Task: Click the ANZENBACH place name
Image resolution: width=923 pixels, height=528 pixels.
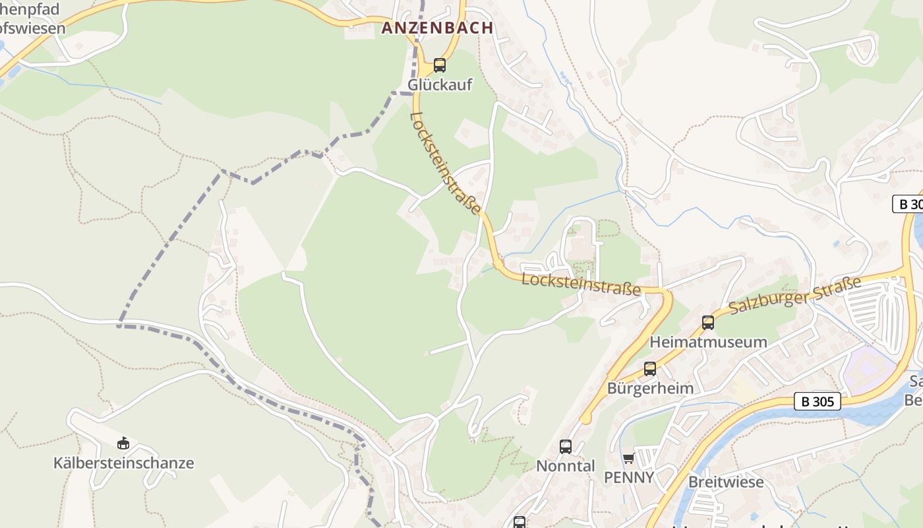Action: pos(437,28)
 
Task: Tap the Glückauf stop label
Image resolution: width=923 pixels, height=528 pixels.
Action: pos(440,85)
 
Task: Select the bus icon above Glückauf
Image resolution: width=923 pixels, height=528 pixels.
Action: pos(440,65)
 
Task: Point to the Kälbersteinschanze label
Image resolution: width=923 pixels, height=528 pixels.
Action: pos(124,463)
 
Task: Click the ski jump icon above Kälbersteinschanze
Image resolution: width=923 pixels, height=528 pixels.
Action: pos(123,443)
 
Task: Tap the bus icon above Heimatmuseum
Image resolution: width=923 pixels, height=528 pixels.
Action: pos(708,323)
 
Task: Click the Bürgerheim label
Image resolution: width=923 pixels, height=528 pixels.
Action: pos(650,388)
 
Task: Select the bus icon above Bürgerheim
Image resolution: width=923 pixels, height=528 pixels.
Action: pos(650,369)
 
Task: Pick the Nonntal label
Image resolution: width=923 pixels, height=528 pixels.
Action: pos(566,466)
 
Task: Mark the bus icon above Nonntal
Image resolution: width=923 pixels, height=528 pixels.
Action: pos(566,447)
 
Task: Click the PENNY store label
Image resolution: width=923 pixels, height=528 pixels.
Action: pos(629,477)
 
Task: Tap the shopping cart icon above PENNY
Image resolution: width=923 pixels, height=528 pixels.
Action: pos(628,458)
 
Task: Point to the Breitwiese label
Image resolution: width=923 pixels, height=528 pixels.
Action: pos(726,482)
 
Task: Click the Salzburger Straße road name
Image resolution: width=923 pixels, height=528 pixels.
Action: pos(795,296)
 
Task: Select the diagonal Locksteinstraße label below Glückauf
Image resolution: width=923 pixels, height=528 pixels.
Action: pos(446,162)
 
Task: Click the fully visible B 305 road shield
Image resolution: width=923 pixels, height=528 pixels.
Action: pos(818,401)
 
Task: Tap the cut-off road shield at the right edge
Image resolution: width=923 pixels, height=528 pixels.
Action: pos(909,204)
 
